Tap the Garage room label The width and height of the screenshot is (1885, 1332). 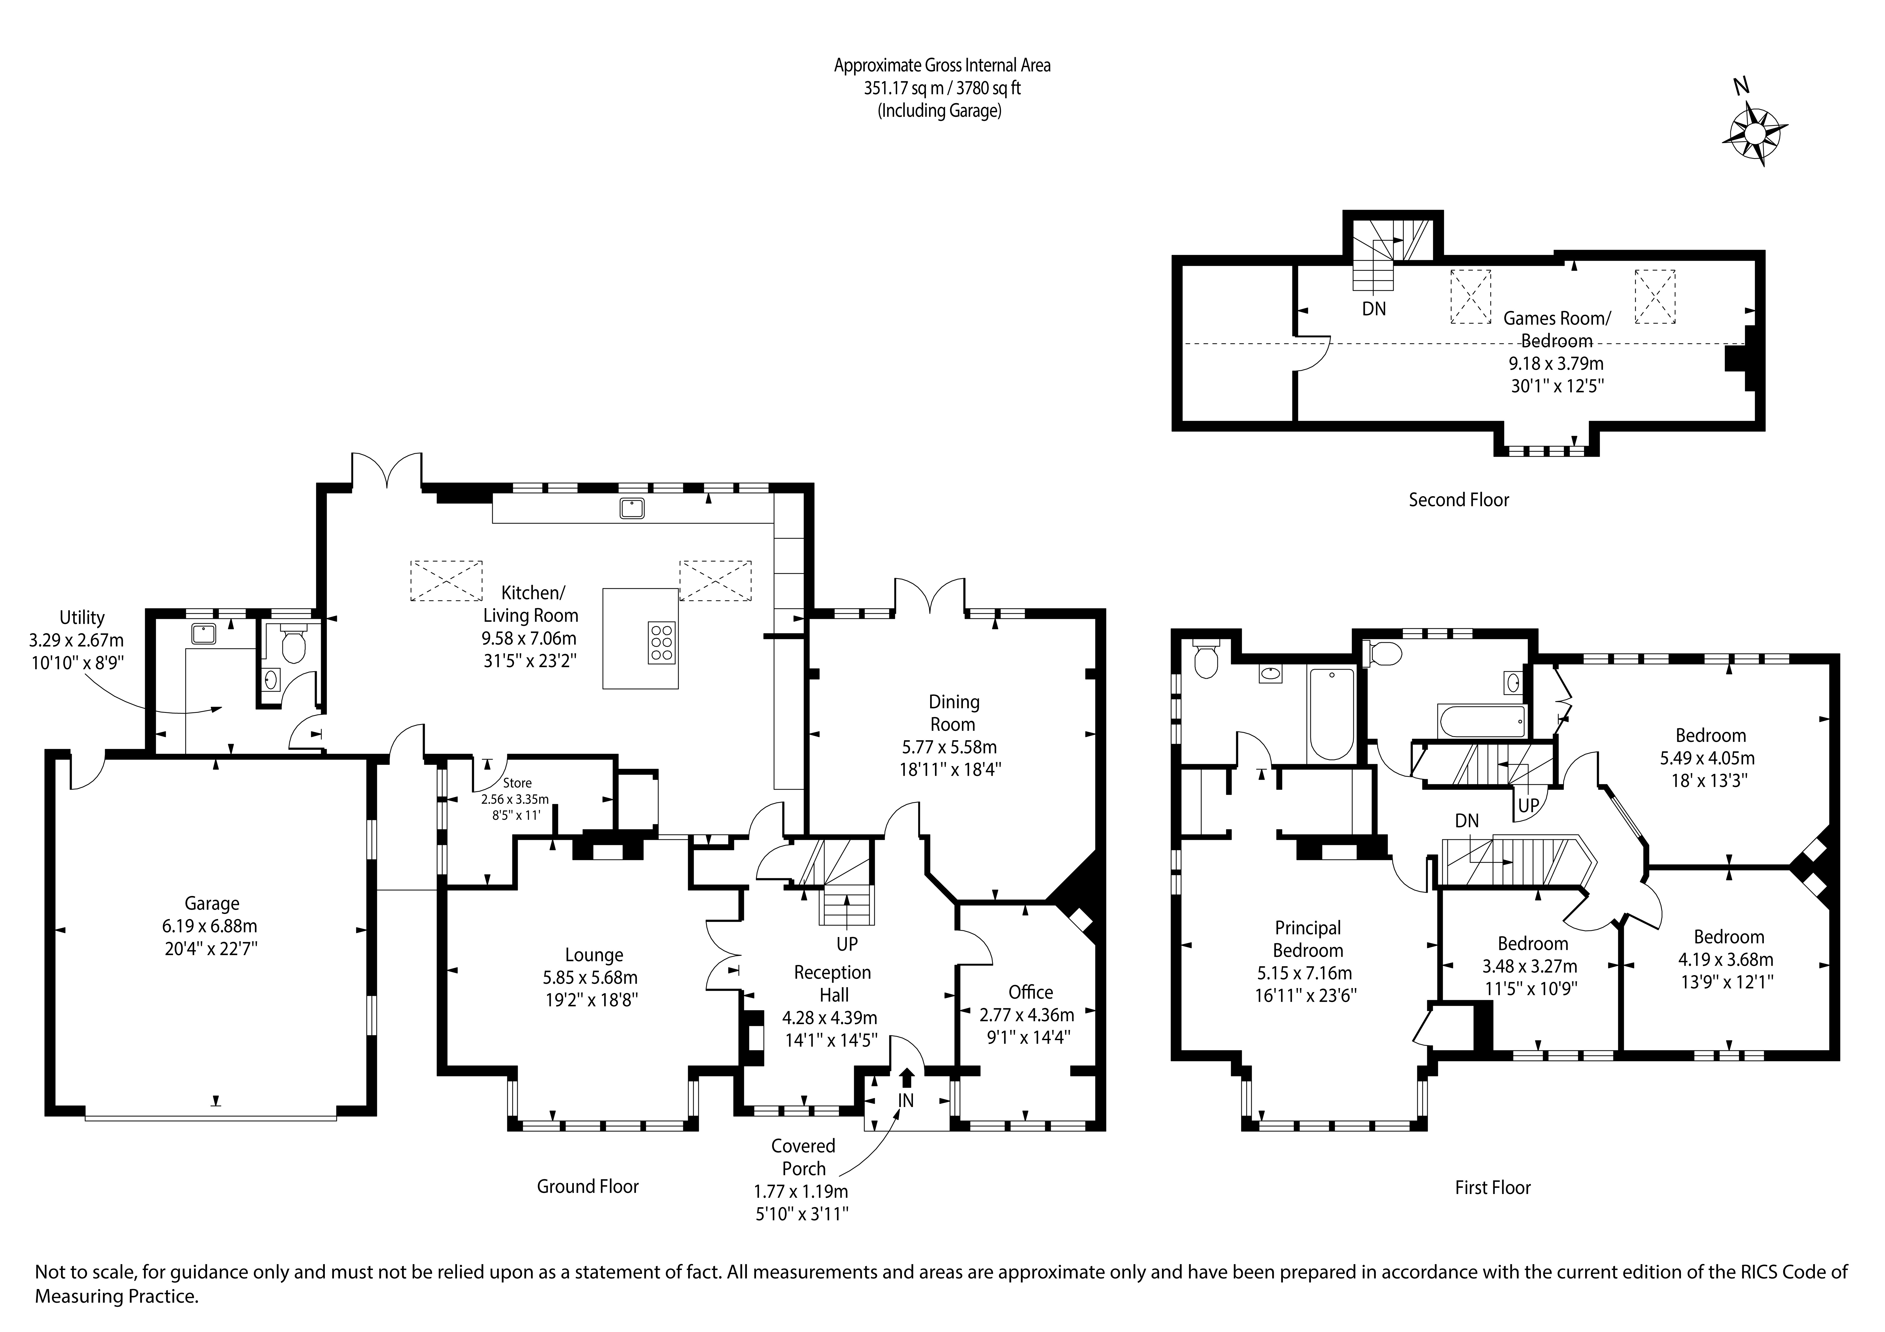212,903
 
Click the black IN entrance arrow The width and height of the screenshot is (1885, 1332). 906,1077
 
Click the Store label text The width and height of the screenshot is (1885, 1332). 517,783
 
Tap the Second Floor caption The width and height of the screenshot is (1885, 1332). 1459,500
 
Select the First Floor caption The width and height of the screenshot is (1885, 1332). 1492,1188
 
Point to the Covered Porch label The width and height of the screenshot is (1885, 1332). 803,1156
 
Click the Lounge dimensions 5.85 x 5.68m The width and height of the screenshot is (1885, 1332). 590,978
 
